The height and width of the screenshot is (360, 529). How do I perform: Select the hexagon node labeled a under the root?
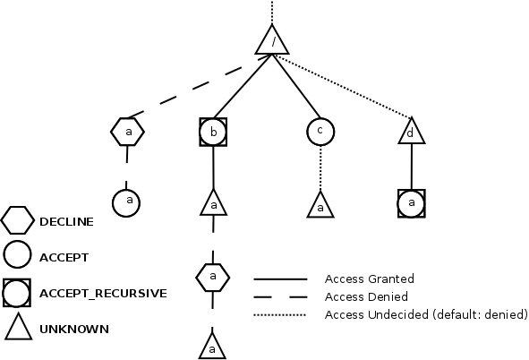click(x=128, y=132)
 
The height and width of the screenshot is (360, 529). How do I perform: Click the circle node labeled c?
click(x=320, y=131)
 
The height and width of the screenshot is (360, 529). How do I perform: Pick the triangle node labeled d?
click(x=411, y=133)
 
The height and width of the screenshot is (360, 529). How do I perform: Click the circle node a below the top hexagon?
click(x=127, y=201)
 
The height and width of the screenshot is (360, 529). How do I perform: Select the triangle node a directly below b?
click(x=213, y=205)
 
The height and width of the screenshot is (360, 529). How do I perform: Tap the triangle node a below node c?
click(x=320, y=206)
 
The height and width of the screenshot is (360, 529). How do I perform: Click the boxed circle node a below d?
click(x=411, y=203)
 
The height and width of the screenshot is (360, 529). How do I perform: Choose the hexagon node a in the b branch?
click(x=213, y=277)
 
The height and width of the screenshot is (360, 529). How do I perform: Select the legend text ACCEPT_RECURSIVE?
click(x=103, y=293)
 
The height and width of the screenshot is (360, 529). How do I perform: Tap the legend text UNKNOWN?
click(x=73, y=329)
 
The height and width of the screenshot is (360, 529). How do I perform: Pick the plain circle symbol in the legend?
click(x=18, y=256)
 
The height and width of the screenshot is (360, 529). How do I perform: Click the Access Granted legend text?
click(x=369, y=279)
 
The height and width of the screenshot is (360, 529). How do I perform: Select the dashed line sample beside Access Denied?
click(x=280, y=296)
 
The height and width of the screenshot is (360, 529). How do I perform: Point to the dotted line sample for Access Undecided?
click(x=280, y=314)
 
